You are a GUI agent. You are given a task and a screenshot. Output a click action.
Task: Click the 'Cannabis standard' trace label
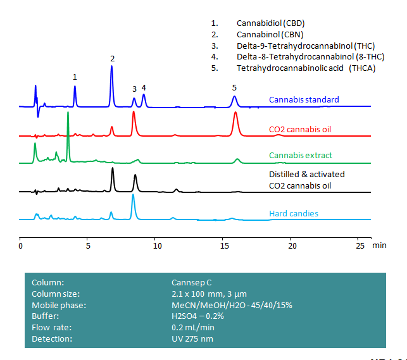click(303, 99)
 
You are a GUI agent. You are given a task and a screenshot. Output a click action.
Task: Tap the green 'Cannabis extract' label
click(300, 155)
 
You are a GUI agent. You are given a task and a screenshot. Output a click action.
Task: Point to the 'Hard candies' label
click(293, 213)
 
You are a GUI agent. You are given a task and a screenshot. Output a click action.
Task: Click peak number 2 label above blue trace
click(112, 59)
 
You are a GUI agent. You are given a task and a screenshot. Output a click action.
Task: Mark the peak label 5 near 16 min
click(234, 87)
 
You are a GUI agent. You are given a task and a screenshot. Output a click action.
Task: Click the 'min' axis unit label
click(380, 244)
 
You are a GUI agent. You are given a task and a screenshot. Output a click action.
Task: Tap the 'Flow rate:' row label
click(51, 327)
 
